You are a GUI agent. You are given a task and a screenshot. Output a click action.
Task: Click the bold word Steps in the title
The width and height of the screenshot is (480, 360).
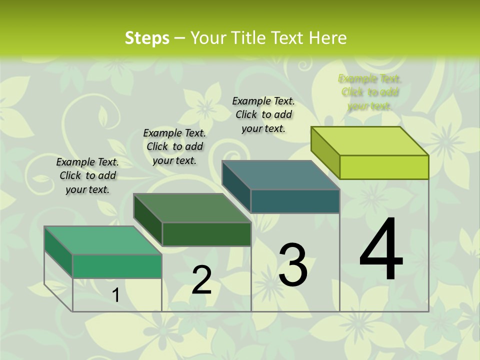coord(147,38)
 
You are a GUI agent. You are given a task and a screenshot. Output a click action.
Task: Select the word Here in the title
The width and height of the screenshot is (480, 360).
coord(327,38)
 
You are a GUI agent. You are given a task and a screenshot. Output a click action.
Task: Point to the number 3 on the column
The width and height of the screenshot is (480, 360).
coord(293,264)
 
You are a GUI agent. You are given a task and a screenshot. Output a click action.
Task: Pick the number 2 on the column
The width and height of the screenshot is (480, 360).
coord(202,280)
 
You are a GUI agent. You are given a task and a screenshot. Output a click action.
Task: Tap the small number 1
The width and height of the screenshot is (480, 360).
coord(116,295)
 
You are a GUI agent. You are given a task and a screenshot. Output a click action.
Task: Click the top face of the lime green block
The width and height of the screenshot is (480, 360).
coord(370,141)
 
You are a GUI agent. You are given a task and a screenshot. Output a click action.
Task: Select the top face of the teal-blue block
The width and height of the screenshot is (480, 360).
coord(281,175)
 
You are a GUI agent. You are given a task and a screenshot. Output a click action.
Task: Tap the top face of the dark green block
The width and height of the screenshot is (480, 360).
coord(192,208)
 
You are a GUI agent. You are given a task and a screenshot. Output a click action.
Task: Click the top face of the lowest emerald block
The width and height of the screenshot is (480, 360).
coord(103,240)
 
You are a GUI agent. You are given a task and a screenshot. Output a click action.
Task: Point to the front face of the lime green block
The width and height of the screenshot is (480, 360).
coord(384,167)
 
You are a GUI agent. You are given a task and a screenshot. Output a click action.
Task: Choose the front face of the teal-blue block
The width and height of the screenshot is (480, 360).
coord(295,201)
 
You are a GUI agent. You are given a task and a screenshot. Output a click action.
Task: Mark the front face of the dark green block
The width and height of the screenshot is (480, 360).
coord(206,234)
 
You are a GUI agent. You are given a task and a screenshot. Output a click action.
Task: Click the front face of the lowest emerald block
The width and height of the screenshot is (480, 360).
coord(117,266)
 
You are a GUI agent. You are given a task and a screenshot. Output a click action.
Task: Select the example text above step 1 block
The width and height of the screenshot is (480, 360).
coord(87,175)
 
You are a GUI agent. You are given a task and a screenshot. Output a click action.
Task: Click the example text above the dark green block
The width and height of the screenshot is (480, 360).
coord(174,146)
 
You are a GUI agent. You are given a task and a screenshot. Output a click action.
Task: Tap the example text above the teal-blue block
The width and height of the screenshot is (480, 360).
coord(263,114)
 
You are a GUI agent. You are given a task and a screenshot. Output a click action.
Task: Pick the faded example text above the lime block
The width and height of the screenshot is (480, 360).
coord(370,92)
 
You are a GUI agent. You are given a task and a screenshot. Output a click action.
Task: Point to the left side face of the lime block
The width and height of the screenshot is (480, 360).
coord(325,152)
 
